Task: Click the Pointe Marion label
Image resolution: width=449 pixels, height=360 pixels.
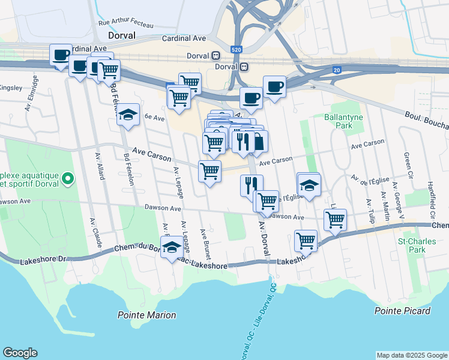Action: coord(146,315)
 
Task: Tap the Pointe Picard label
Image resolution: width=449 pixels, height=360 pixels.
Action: coord(402,311)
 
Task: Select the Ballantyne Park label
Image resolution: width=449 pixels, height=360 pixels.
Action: coord(338,122)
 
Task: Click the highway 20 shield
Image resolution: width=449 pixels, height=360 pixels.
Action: coord(337,70)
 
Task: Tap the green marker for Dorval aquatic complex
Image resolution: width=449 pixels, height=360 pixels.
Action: coord(67,178)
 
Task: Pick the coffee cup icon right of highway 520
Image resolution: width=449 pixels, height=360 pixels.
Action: coord(274,86)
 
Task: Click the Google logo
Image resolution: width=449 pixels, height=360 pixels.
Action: coord(20,353)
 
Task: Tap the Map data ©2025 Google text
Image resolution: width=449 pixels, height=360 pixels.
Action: coord(411,355)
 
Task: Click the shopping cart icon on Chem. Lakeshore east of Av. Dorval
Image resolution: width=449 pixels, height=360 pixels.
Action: coord(306,241)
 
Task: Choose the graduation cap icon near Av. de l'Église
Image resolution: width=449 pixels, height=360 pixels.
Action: coord(309,184)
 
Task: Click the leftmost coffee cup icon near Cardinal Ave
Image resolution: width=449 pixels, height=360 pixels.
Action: coord(60,55)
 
